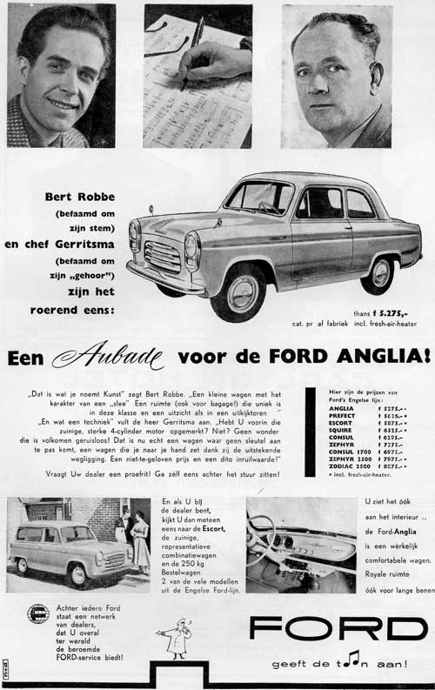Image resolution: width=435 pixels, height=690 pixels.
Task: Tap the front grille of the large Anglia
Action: [162, 256]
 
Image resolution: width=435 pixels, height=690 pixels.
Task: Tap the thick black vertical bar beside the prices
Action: [311, 432]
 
